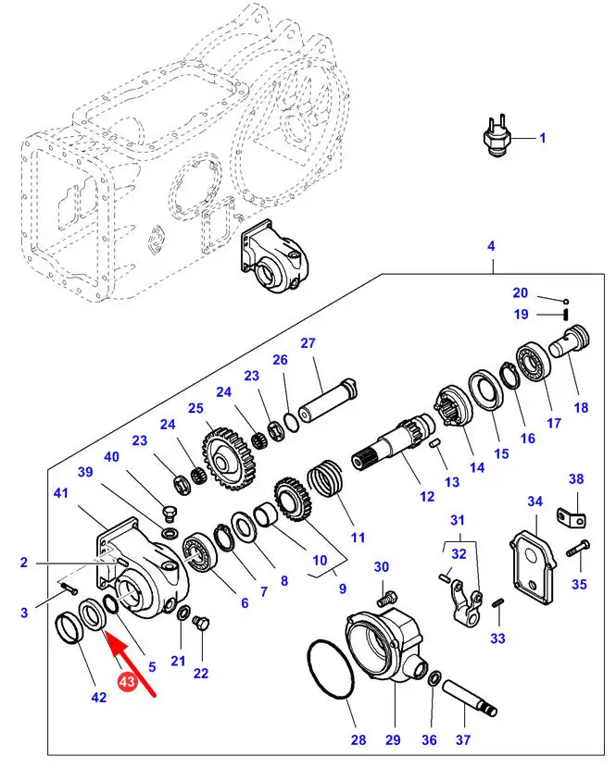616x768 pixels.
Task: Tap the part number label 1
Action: (x=543, y=139)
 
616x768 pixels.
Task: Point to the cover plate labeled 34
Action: (x=533, y=555)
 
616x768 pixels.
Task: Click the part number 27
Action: (x=308, y=343)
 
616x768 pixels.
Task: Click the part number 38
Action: (x=576, y=478)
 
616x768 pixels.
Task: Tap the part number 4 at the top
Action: (x=491, y=246)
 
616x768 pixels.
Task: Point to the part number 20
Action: (x=520, y=292)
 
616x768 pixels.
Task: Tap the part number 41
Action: (x=61, y=494)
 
